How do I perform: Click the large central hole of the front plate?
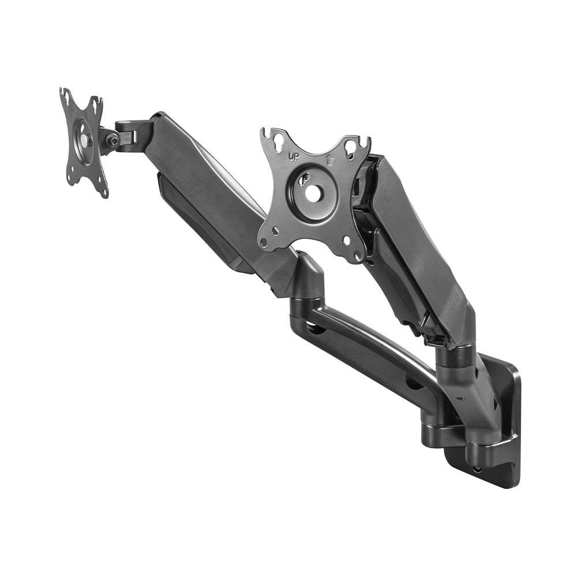tap(313, 193)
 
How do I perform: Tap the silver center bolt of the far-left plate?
tap(85, 139)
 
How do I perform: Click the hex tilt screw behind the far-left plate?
tap(113, 140)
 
